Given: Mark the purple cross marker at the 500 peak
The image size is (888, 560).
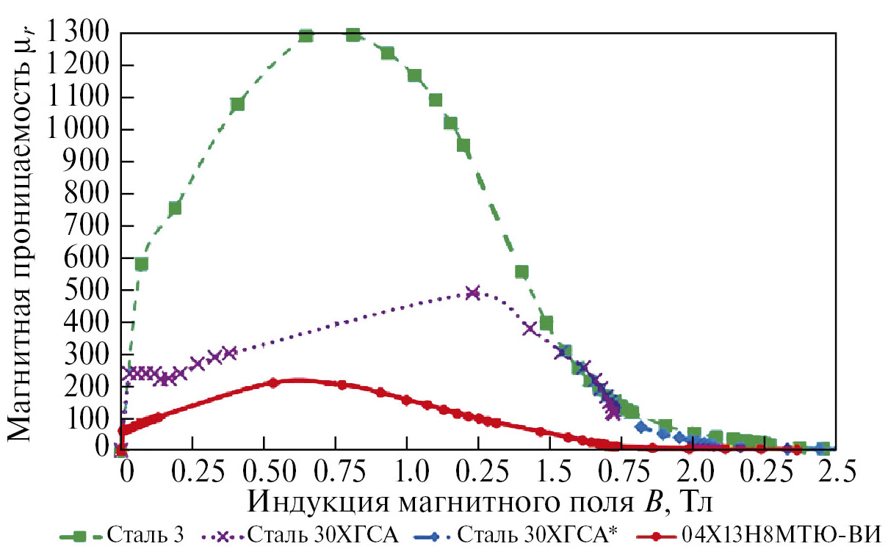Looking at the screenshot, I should coord(473,292).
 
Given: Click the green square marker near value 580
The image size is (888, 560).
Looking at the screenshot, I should coord(141,263).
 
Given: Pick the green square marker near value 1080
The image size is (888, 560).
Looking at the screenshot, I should coord(237,104).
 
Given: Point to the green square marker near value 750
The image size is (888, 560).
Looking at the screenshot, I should coord(175,208).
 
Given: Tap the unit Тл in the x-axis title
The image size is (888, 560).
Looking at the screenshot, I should coord(696,501).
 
